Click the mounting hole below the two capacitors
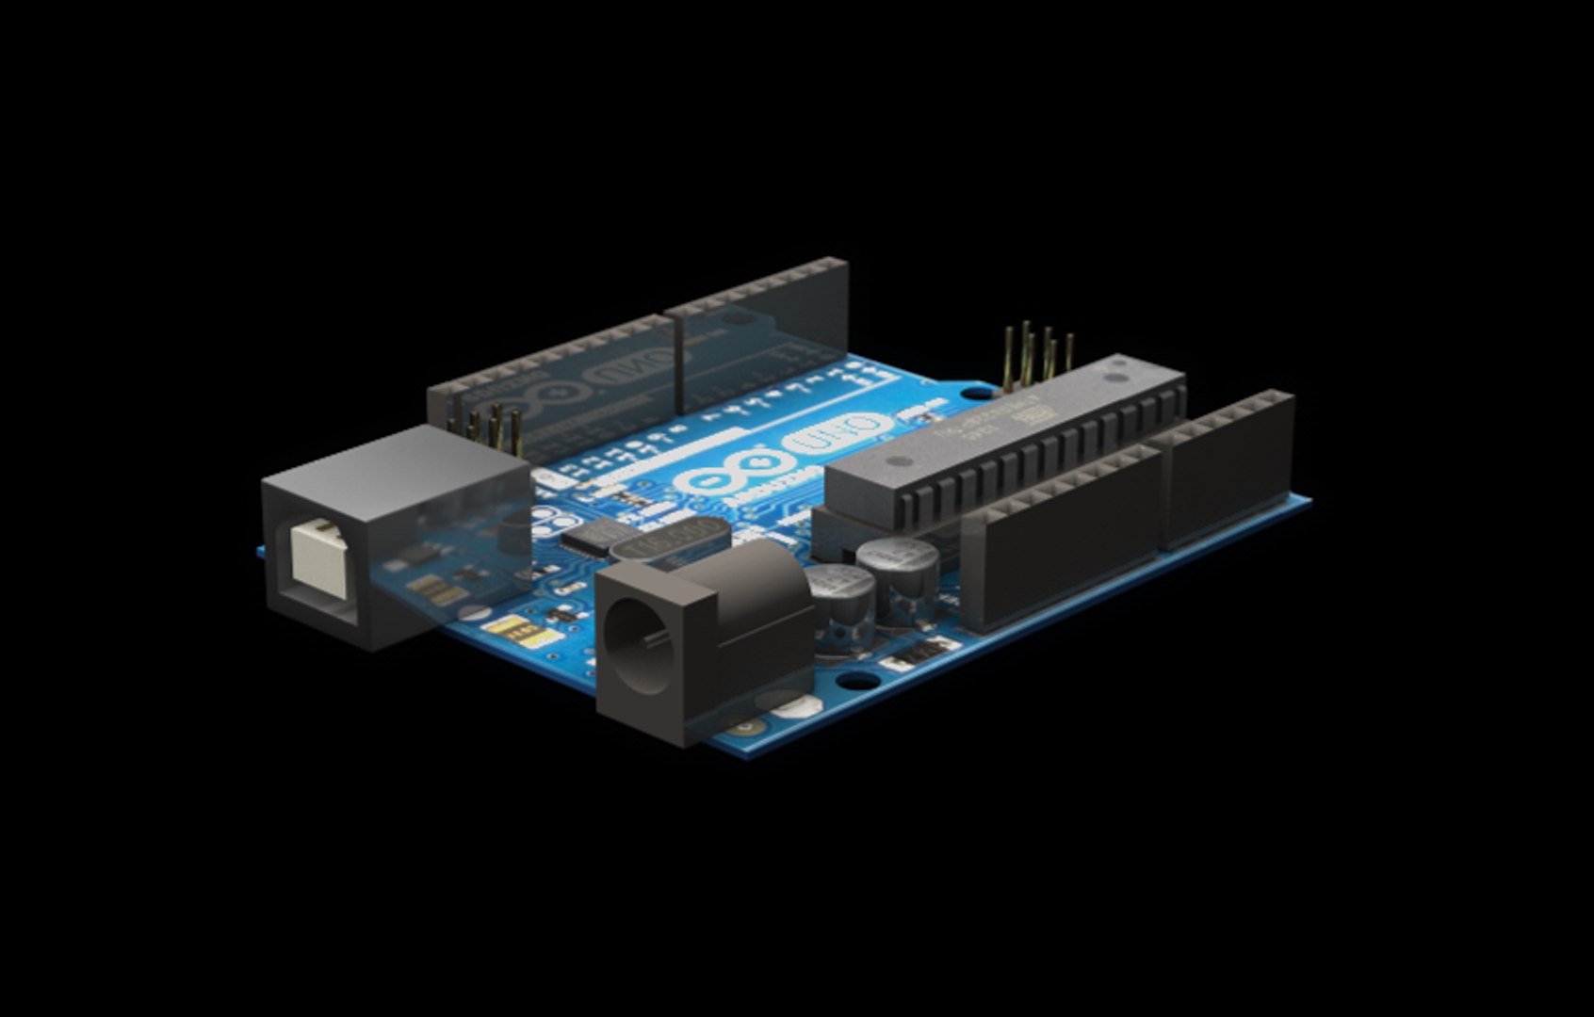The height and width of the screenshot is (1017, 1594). pos(854,679)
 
